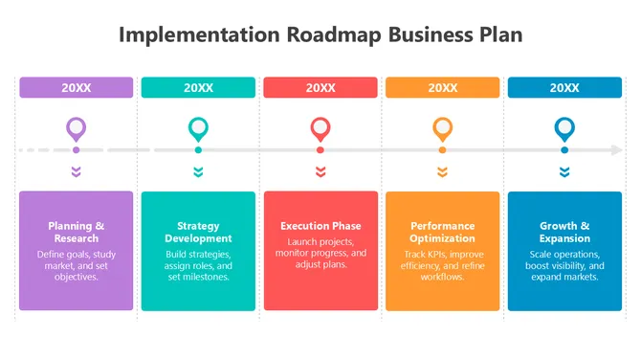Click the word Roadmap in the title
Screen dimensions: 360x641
click(332, 35)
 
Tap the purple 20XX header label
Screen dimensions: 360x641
click(77, 87)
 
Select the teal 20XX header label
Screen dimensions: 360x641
click(198, 87)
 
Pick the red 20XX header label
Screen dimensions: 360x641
click(320, 87)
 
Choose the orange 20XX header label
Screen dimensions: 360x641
click(442, 87)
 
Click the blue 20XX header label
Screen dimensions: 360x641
click(564, 87)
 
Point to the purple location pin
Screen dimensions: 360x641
click(77, 128)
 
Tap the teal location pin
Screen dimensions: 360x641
click(198, 128)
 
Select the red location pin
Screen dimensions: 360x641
click(320, 128)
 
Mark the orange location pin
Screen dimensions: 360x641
click(442, 128)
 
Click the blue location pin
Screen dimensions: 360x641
click(564, 128)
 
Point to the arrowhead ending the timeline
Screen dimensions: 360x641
click(617, 150)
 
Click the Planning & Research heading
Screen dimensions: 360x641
click(77, 232)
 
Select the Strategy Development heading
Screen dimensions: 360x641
click(198, 232)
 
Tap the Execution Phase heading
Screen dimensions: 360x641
click(320, 226)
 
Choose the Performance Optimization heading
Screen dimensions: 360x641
click(442, 232)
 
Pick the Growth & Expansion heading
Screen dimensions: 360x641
click(564, 232)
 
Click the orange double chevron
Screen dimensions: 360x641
click(442, 172)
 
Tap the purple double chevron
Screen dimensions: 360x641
click(77, 172)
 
